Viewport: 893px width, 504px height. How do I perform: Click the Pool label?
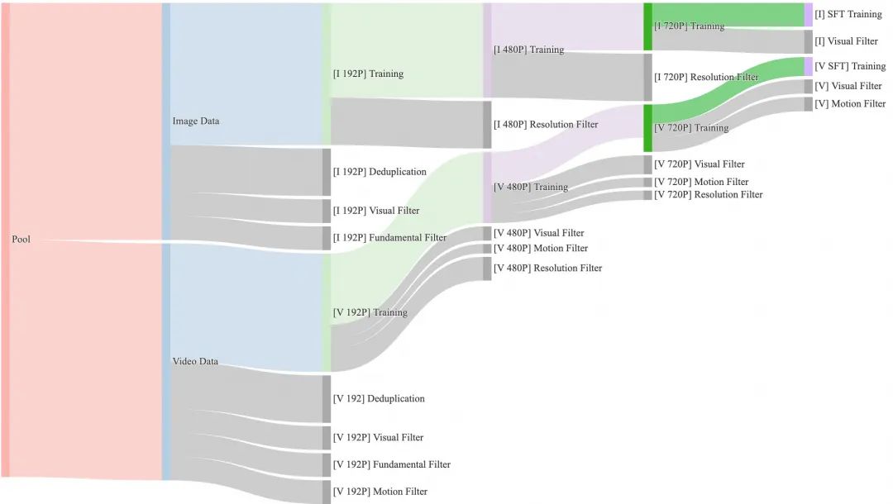tap(21, 240)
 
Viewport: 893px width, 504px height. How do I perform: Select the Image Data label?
tap(195, 121)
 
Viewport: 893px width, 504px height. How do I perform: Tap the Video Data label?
tap(194, 362)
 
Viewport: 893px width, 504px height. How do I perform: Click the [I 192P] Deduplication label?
tap(380, 172)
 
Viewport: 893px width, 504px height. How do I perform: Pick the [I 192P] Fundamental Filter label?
tap(389, 238)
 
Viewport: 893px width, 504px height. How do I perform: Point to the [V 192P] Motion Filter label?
tap(380, 492)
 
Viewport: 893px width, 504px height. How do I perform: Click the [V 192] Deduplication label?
tap(379, 399)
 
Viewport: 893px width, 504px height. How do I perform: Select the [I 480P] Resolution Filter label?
tap(545, 125)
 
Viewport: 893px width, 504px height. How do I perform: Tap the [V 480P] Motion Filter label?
tap(541, 249)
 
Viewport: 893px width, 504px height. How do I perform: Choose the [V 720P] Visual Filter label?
tap(699, 164)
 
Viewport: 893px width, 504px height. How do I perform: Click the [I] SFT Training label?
tap(848, 15)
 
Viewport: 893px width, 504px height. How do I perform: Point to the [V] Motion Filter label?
tap(850, 104)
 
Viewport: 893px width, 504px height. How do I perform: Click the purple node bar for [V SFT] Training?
tap(809, 66)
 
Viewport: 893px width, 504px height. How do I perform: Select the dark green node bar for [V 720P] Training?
tap(648, 128)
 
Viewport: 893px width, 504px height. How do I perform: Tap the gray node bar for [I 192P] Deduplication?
tap(327, 172)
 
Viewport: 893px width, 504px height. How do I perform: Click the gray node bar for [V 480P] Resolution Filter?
tap(487, 269)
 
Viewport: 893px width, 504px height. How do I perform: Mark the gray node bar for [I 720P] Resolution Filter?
tap(648, 77)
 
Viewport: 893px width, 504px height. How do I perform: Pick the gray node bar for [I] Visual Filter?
tap(809, 41)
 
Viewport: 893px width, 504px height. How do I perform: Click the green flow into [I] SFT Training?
tap(728, 15)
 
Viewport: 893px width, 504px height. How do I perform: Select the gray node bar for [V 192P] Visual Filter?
tap(327, 438)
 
